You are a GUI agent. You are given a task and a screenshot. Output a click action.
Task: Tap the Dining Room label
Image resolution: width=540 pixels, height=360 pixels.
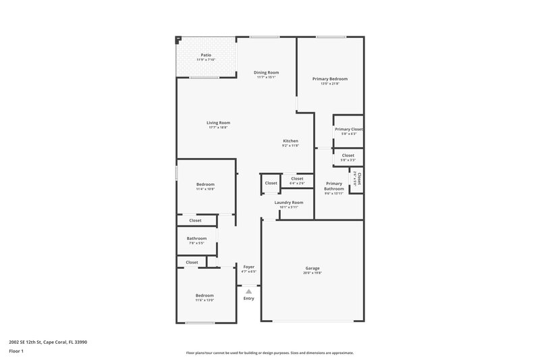[x=266, y=72]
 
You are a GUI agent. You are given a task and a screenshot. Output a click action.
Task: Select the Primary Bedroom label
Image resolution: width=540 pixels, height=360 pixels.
[x=329, y=79]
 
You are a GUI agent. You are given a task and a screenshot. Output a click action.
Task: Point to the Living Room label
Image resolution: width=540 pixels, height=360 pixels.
[x=218, y=123]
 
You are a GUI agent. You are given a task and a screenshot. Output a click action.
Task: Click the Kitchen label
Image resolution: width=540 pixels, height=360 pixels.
[x=290, y=141]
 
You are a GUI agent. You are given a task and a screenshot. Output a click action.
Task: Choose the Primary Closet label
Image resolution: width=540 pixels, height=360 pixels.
[x=348, y=129]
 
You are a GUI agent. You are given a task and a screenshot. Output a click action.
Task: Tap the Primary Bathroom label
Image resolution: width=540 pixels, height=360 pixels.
[x=334, y=186]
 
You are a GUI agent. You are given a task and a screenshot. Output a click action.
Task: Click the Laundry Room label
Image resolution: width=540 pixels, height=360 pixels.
[x=288, y=203]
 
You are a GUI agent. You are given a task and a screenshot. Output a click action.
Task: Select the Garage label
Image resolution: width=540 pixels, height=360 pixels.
[x=312, y=268]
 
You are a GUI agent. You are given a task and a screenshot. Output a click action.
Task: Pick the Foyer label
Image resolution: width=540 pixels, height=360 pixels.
[x=248, y=267]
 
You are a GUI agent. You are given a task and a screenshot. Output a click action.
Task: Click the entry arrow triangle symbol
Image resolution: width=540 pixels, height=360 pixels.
[x=248, y=291]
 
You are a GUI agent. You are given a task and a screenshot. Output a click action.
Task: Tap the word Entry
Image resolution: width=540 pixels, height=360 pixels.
[x=248, y=299]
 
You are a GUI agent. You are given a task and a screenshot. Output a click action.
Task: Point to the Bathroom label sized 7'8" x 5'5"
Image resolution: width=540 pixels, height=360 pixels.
[x=196, y=238]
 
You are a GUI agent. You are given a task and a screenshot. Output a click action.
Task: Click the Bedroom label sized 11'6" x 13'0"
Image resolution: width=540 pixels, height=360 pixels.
[x=205, y=295]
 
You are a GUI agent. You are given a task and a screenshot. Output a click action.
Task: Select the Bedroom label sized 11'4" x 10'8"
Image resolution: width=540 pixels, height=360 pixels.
[x=205, y=184]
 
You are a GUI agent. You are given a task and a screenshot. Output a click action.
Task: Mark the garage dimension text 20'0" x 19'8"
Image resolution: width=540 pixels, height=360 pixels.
[x=312, y=273]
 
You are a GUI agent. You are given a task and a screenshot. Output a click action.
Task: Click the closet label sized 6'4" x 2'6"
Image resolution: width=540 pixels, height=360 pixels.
[x=297, y=179]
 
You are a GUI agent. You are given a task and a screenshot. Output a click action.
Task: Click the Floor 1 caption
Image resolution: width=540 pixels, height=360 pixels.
[x=16, y=352]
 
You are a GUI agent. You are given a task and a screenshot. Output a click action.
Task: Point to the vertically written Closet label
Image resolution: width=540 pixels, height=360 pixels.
[x=359, y=179]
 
